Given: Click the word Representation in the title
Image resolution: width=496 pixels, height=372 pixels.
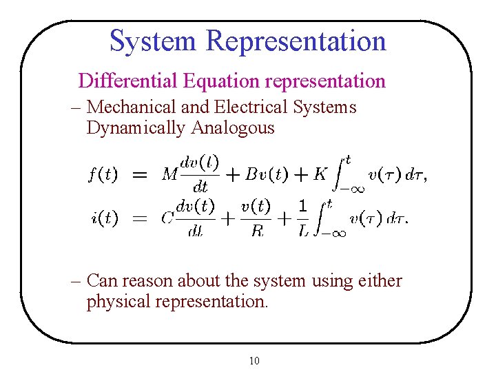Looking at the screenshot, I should (296, 41).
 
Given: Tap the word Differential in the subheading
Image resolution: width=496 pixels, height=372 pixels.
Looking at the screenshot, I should (128, 81).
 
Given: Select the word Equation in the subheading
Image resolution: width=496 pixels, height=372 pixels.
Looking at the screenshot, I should (221, 81).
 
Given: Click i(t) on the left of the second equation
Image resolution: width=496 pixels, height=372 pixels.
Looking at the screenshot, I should (104, 218).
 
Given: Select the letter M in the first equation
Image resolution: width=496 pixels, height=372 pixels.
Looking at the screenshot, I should (169, 174).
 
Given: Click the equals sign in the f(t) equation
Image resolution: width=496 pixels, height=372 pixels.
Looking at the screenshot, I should (139, 174).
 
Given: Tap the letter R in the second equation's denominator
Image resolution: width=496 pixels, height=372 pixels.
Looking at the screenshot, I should (257, 231).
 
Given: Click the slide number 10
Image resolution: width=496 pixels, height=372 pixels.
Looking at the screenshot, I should (254, 360).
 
